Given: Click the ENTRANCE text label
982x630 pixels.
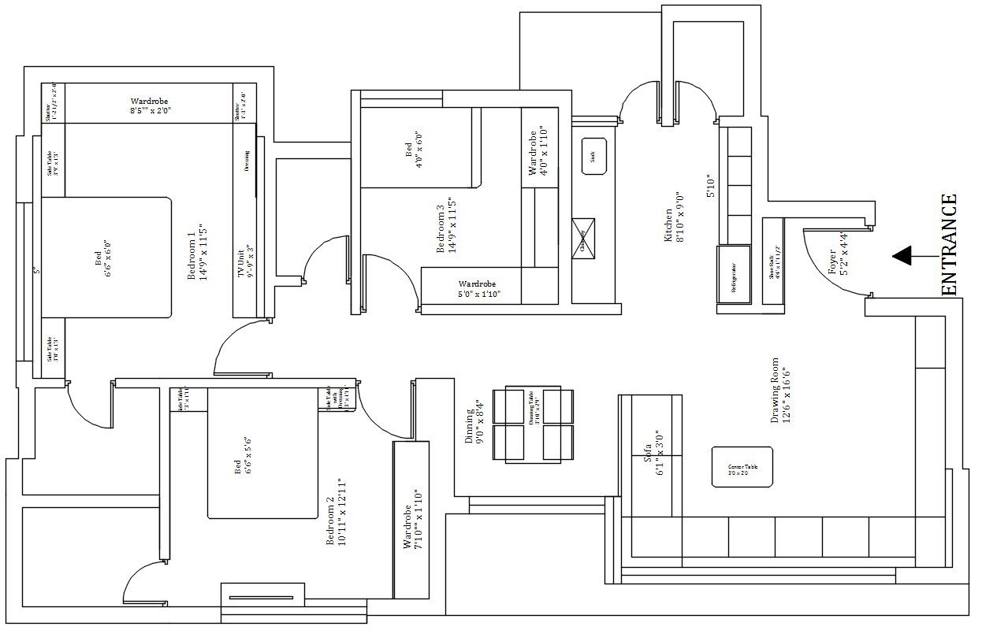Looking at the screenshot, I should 950,245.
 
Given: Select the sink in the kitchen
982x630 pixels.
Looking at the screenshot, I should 592,156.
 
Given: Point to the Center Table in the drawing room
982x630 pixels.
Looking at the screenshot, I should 742,467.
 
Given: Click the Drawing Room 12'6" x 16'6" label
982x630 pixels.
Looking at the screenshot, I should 780,391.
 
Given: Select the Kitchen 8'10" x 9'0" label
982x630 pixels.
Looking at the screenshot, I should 673,217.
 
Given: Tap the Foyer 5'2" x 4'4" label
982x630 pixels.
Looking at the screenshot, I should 838,253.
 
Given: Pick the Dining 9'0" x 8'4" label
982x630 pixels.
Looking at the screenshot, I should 475,421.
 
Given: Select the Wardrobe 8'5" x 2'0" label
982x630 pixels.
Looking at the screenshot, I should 150,106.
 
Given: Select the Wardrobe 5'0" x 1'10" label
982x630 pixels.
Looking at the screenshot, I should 480,289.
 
